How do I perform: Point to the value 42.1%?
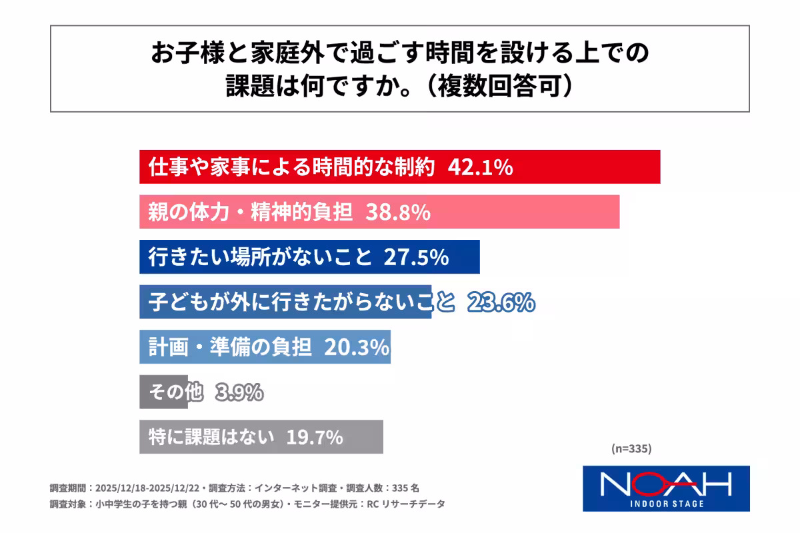pyautogui.click(x=479, y=167)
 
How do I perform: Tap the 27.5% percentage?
pyautogui.click(x=415, y=257)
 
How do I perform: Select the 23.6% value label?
pyautogui.click(x=501, y=302)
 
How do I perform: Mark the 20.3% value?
pyautogui.click(x=356, y=347)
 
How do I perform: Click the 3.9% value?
pyautogui.click(x=239, y=392)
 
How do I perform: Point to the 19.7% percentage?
pyautogui.click(x=314, y=437)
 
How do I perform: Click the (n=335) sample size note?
pyautogui.click(x=631, y=448)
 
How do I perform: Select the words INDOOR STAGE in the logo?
pyautogui.click(x=666, y=503)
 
